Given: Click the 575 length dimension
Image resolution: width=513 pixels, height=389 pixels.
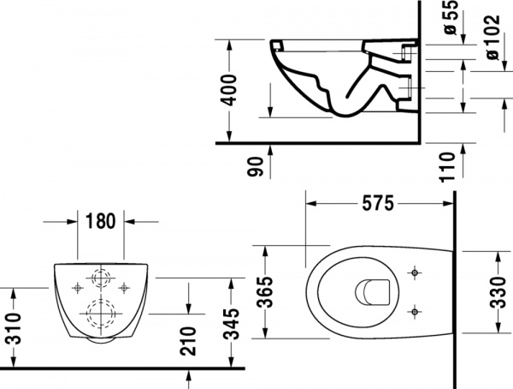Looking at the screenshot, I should pyautogui.click(x=376, y=204).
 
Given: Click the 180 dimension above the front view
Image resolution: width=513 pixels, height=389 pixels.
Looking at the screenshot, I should pyautogui.click(x=100, y=221).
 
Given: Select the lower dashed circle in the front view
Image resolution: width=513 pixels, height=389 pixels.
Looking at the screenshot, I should pyautogui.click(x=100, y=314).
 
